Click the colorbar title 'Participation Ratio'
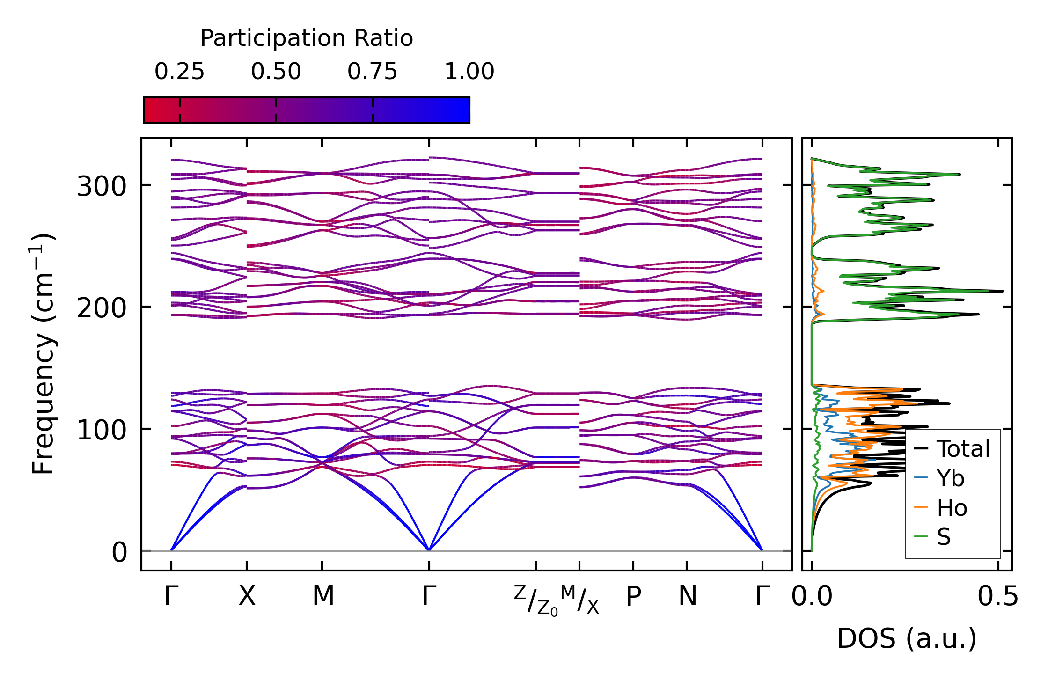(307, 38)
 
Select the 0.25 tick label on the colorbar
(179, 72)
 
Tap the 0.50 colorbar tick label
(276, 72)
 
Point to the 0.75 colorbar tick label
(372, 72)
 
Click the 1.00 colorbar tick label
(469, 72)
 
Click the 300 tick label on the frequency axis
(102, 187)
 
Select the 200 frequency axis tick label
(102, 308)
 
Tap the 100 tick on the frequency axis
(102, 430)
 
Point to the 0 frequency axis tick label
(119, 552)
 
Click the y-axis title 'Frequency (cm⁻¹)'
(43, 354)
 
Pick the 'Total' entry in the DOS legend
(963, 449)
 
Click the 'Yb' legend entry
(950, 478)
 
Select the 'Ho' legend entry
(952, 508)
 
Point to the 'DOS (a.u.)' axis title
(907, 638)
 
